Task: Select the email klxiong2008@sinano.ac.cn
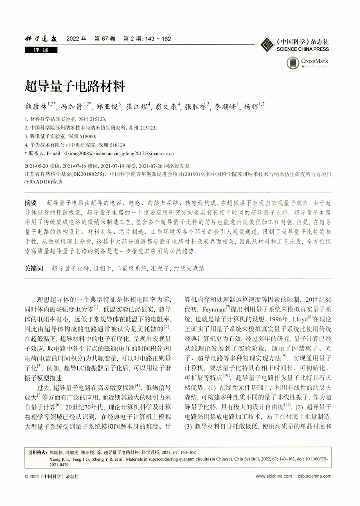tap(90, 154)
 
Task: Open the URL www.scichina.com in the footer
tap(274, 477)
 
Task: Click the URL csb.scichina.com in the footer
tap(315, 477)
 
